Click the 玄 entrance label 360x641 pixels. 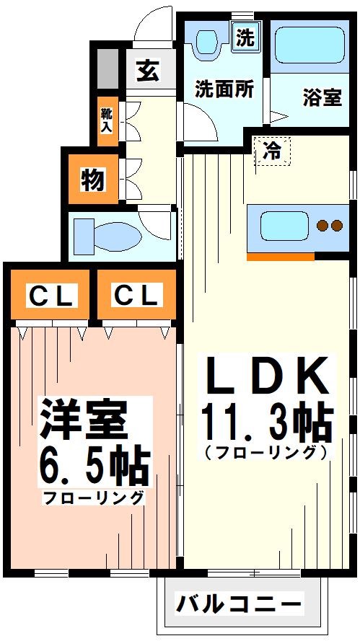click(x=147, y=72)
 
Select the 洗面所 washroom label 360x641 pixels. click(x=224, y=89)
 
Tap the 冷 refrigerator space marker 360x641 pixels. click(x=272, y=152)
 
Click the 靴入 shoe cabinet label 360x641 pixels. click(x=107, y=119)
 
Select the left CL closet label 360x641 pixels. click(x=50, y=296)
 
